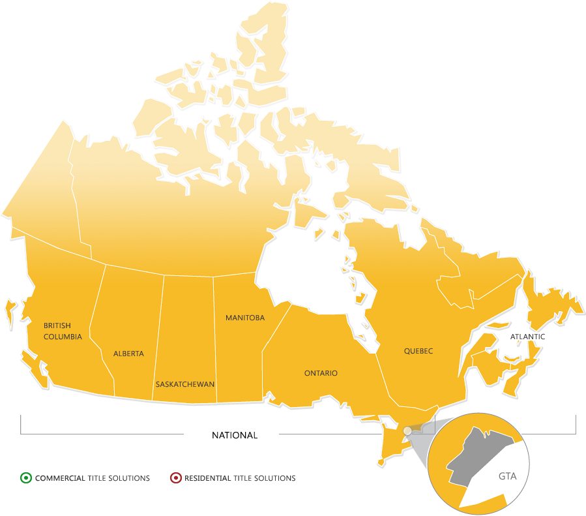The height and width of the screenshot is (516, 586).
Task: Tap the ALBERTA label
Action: click(128, 354)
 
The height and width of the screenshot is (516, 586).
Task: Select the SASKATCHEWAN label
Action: click(185, 384)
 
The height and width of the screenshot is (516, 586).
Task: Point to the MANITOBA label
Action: click(245, 318)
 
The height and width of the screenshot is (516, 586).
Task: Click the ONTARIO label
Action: click(321, 373)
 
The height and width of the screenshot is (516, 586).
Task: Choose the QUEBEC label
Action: click(418, 351)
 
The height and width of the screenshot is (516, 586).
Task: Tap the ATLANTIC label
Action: click(528, 337)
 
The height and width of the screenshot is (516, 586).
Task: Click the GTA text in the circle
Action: click(507, 476)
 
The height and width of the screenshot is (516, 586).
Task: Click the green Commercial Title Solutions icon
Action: click(25, 478)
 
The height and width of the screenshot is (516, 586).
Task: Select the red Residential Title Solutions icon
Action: click(175, 478)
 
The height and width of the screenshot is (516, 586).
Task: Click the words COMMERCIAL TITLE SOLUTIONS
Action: click(93, 478)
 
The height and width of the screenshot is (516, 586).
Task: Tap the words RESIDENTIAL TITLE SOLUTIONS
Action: click(240, 478)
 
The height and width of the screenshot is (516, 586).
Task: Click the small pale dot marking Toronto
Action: click(407, 431)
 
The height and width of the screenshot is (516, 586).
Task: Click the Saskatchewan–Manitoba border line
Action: click(214, 339)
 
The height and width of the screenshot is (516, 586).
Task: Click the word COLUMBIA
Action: click(63, 337)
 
